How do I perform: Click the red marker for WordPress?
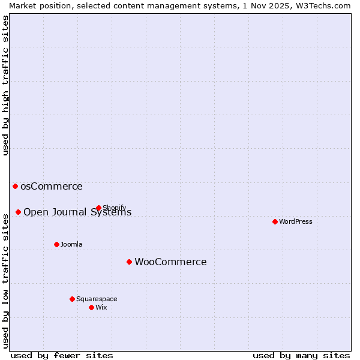point(275,221)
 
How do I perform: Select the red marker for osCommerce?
point(15,186)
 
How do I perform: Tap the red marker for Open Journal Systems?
point(18,212)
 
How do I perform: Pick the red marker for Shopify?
point(98,208)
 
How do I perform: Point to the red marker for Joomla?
point(56,244)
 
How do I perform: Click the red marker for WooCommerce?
point(129,262)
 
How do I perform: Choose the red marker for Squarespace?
point(72,299)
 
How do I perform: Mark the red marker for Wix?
point(91,307)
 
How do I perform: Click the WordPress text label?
point(296,221)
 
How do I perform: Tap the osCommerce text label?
point(52,186)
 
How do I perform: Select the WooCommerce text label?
point(170,262)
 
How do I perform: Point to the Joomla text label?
point(71,244)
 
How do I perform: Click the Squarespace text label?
point(97,299)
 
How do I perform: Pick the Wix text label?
point(101,307)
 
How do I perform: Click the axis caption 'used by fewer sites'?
point(62,355)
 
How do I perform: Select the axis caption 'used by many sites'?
point(301,355)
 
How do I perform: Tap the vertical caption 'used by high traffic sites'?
point(5,85)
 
